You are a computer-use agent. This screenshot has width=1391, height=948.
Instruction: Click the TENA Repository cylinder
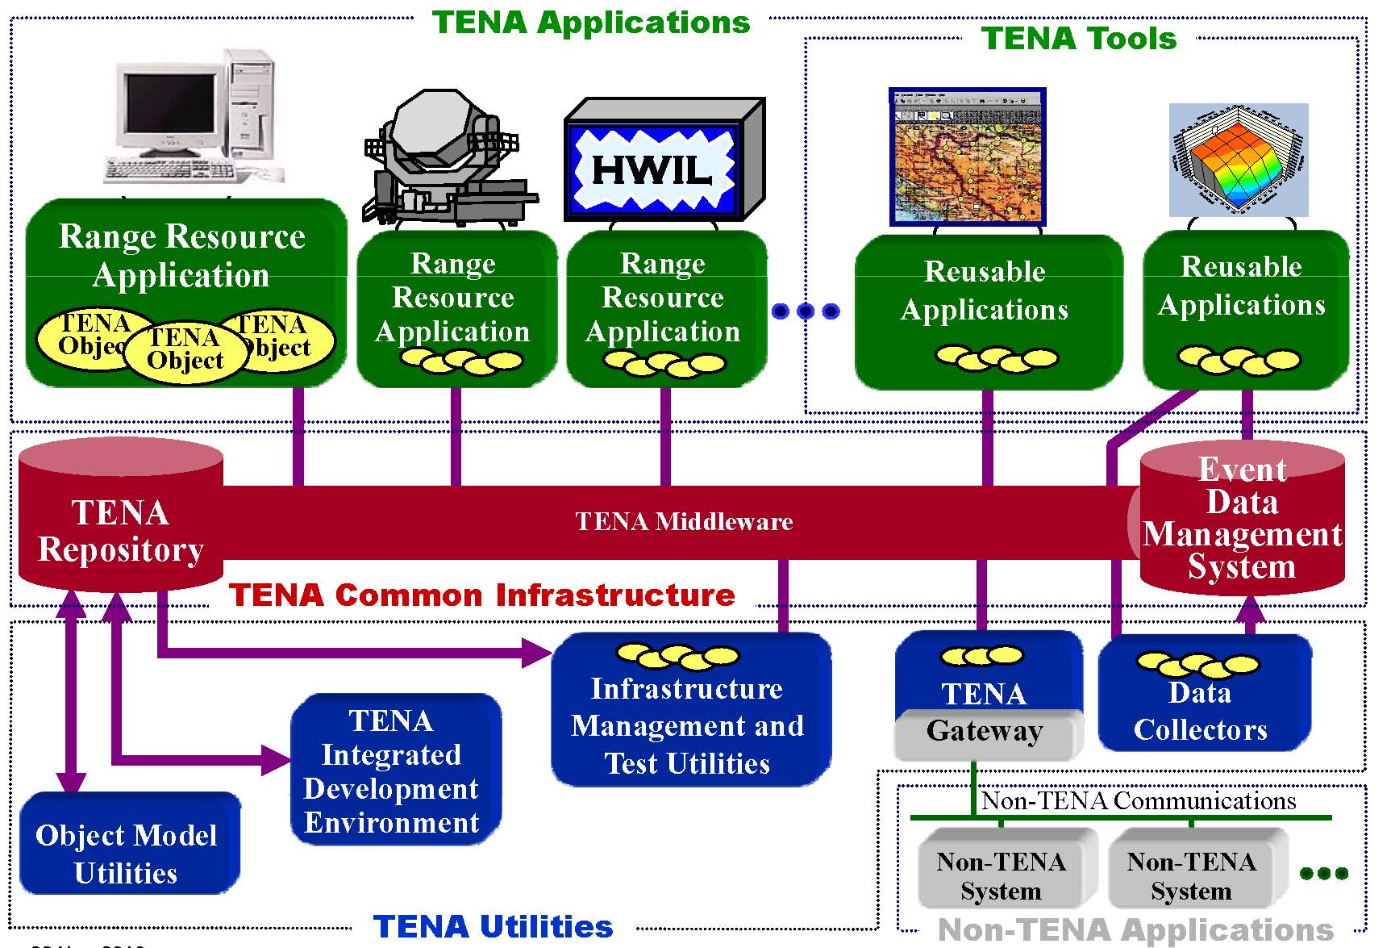click(x=121, y=516)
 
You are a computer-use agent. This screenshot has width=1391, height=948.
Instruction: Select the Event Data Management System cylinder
click(x=1242, y=518)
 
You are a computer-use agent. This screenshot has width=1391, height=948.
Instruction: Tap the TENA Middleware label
click(x=684, y=522)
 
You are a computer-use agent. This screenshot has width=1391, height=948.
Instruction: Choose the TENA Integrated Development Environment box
click(x=394, y=771)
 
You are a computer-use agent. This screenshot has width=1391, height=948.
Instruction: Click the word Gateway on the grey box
click(x=985, y=731)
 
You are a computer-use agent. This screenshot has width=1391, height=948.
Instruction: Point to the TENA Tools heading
click(x=1079, y=39)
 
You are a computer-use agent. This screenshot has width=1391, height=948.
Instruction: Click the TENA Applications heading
click(x=591, y=23)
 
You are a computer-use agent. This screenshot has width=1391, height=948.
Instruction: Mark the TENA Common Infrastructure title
click(x=482, y=595)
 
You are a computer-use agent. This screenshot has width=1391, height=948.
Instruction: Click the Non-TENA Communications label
click(x=1139, y=801)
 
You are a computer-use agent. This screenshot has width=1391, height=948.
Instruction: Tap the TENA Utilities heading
click(x=493, y=926)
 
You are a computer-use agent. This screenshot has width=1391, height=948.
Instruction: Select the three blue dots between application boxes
click(x=805, y=311)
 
